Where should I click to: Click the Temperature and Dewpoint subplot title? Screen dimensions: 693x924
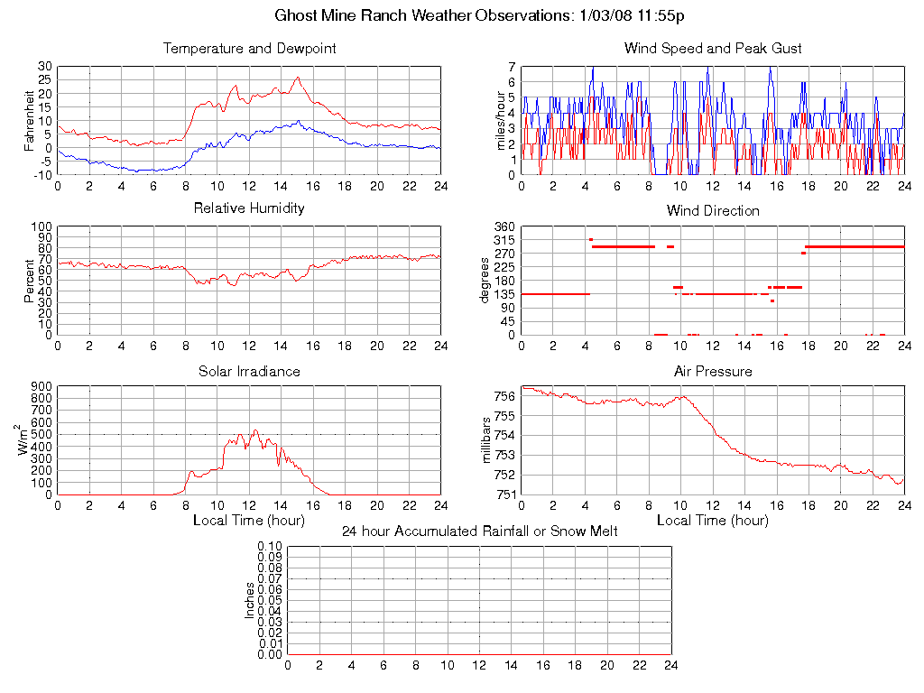249,49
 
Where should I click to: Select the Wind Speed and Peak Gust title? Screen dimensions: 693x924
713,49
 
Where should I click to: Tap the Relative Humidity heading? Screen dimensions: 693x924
249,208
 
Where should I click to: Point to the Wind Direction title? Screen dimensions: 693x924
713,211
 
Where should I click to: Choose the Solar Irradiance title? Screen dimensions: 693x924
249,372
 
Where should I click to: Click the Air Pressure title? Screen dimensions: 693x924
713,372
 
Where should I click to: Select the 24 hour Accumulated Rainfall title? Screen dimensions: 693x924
479,531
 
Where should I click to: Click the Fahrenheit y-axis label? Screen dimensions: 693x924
30,120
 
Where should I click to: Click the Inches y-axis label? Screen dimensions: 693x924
250,600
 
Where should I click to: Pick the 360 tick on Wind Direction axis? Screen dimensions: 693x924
504,226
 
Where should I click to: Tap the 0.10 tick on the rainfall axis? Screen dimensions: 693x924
269,547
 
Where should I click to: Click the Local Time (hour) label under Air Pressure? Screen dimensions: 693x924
713,521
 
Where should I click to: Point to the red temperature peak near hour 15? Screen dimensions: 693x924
298,78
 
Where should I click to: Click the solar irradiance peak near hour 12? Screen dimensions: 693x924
255,430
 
